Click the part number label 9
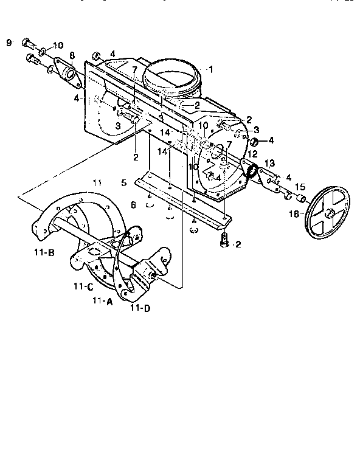tap(9, 42)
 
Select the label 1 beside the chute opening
tap(210, 69)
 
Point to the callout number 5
tap(123, 182)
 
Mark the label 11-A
tap(102, 301)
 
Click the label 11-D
tap(140, 309)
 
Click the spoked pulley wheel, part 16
tap(328, 213)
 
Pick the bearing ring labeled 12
tap(250, 170)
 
